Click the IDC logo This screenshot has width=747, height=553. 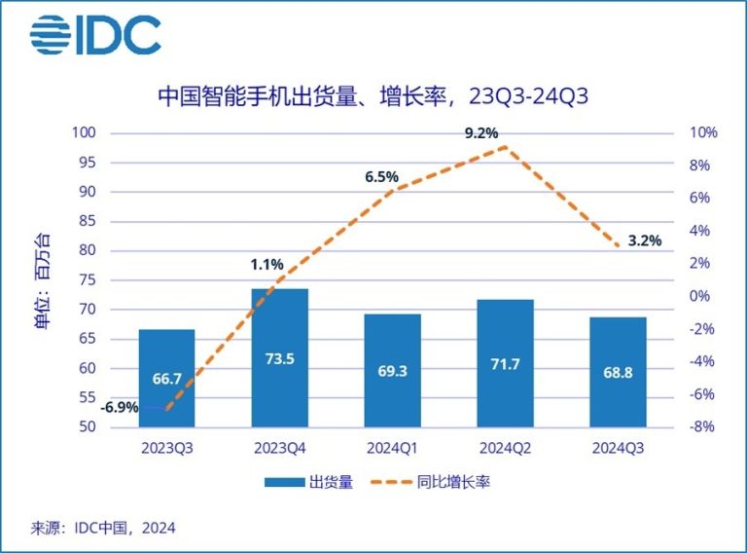click(94, 36)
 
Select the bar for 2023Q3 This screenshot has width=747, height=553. click(166, 378)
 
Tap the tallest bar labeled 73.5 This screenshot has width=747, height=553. click(279, 357)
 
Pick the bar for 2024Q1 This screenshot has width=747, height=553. click(392, 370)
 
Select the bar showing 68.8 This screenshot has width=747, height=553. click(619, 372)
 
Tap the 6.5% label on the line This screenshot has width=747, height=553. click(381, 177)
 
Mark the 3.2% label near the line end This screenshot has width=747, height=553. click(644, 240)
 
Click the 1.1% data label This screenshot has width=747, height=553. click(267, 264)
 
